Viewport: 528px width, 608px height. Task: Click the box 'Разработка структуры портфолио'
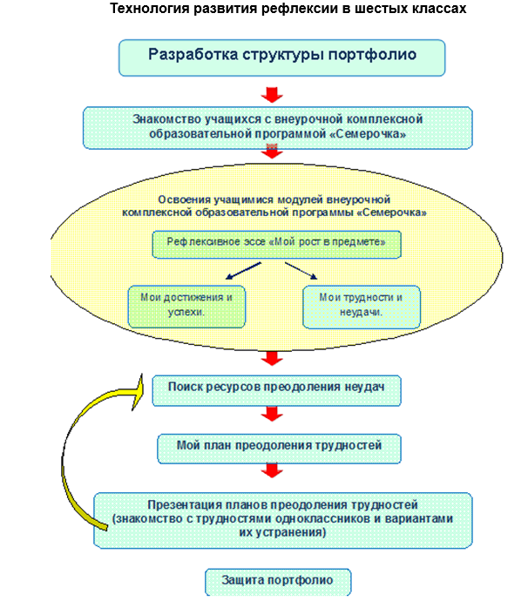point(282,57)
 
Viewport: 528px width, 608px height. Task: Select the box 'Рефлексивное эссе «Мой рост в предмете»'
point(277,243)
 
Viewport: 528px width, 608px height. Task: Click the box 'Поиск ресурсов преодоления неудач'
point(276,390)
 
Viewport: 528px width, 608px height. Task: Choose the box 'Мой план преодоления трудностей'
point(279,448)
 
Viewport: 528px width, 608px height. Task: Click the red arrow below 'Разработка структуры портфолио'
point(273,91)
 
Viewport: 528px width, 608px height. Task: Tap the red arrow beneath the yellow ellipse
point(273,357)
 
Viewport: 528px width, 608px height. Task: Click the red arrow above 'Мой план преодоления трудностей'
point(273,418)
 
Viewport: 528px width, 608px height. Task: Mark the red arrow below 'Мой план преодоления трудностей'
point(273,471)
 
